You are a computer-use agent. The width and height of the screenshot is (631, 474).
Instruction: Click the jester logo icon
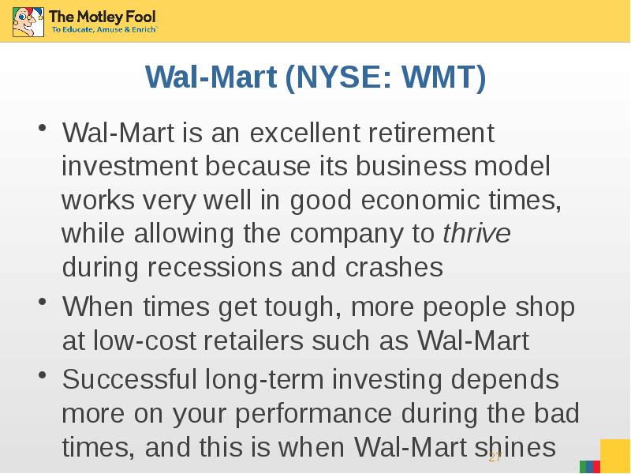28,22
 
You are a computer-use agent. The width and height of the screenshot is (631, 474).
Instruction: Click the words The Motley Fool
103,17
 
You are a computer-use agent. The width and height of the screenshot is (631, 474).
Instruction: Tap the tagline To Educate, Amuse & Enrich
104,29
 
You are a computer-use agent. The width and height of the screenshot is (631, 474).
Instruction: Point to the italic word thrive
476,233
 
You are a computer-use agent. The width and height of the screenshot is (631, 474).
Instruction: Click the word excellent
304,132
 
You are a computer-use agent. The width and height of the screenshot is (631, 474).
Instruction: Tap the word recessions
215,267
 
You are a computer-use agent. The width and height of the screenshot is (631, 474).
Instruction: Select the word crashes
394,267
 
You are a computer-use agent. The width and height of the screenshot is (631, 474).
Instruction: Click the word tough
300,307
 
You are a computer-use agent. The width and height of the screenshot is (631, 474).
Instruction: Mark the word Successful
129,379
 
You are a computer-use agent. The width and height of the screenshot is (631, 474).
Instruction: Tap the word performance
313,414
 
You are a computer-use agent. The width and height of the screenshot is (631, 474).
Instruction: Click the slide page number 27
495,457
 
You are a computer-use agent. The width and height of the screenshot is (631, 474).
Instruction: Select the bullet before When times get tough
43,303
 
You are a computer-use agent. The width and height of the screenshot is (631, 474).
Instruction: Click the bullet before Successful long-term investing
43,374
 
